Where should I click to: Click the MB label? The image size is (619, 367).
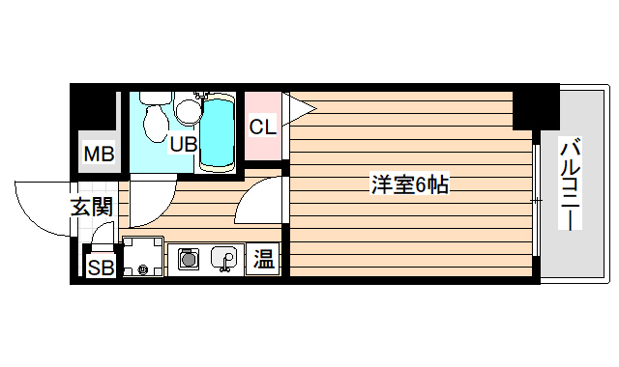(99, 154)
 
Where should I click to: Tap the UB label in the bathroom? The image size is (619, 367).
(184, 145)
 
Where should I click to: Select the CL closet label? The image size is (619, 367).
(262, 127)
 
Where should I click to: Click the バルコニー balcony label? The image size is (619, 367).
(571, 183)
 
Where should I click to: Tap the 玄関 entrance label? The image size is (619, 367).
(92, 206)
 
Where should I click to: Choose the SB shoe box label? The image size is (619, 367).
(101, 268)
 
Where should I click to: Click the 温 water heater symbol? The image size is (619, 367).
(264, 259)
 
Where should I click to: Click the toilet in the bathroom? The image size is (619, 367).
(153, 120)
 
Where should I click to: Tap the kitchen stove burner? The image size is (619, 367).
(189, 259)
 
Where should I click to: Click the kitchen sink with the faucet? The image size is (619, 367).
(224, 259)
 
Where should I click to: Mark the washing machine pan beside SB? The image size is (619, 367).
(141, 257)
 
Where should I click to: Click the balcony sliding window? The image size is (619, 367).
(535, 201)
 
